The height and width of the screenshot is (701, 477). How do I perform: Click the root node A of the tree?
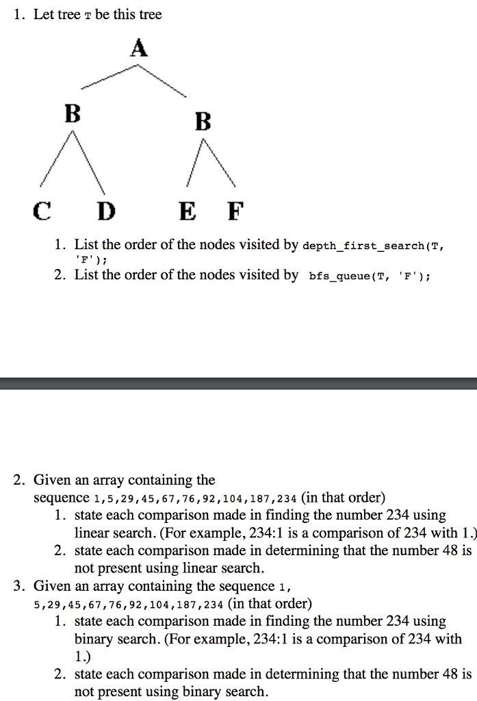coord(139,47)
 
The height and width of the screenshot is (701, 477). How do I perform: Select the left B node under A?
coord(73,113)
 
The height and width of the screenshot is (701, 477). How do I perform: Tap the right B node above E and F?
coord(203,121)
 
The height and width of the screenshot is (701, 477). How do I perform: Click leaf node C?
coord(42,211)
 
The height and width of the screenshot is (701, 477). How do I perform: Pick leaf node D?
coord(106,211)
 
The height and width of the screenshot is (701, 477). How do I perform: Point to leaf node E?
coord(188,211)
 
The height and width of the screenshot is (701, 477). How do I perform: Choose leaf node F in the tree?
coord(235,211)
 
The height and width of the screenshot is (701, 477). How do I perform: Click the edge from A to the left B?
coord(109,77)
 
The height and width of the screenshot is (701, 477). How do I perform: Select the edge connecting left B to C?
coord(56,158)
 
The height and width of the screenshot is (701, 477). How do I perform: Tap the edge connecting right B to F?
coord(219,162)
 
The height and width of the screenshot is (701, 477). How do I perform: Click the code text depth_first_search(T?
coord(373,246)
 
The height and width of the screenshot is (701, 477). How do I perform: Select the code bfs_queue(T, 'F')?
coord(370,277)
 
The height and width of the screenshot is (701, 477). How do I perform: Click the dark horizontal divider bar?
coord(238,383)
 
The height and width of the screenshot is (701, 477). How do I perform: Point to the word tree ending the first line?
coord(150,14)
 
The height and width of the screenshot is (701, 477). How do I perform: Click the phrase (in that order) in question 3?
coord(270,604)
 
